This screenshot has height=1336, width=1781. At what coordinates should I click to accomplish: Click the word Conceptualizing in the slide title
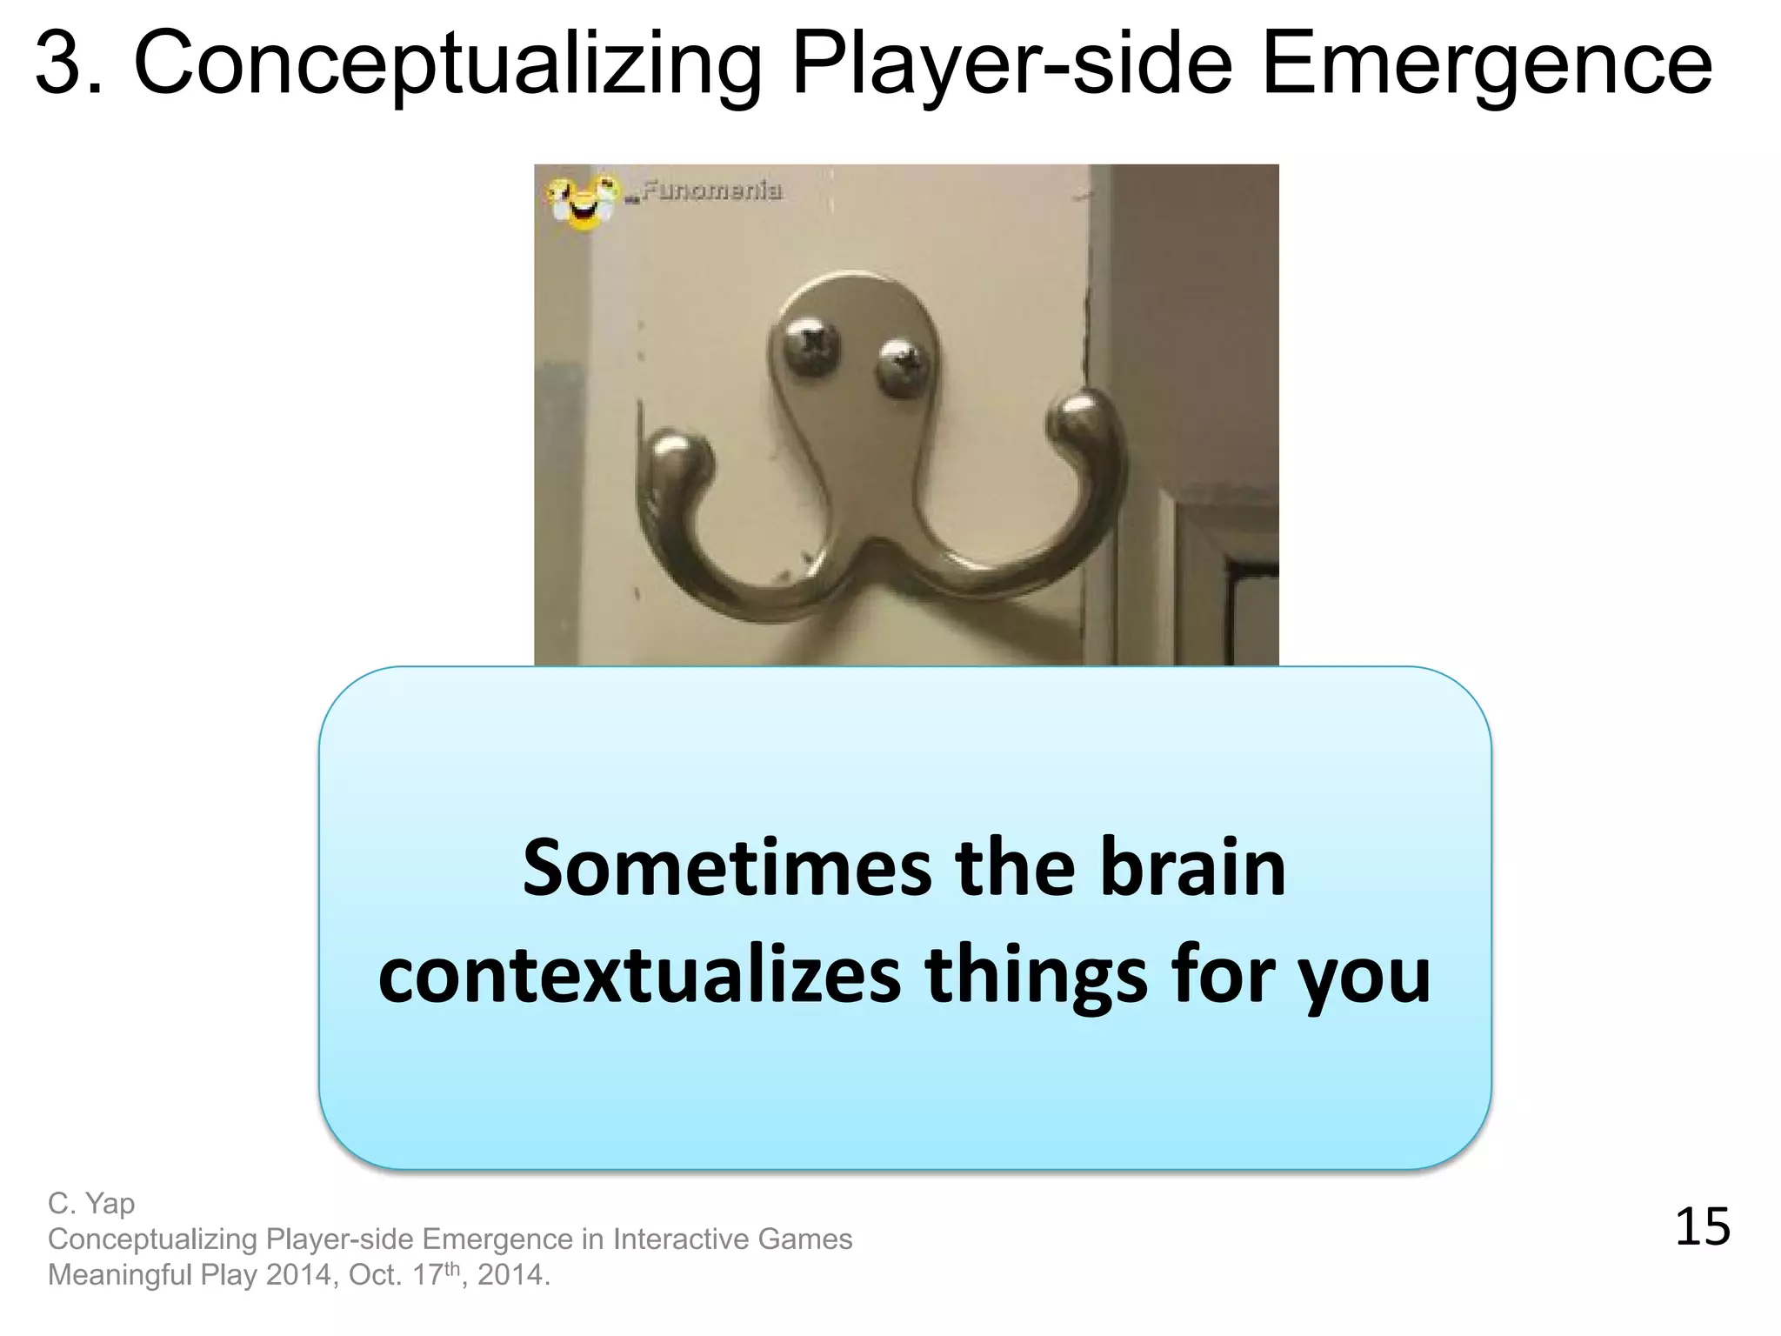point(448,64)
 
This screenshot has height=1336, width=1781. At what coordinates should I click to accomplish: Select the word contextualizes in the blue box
point(639,976)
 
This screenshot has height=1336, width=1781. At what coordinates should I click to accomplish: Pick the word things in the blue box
point(1036,976)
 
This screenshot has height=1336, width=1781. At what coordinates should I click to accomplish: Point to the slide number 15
point(1702,1227)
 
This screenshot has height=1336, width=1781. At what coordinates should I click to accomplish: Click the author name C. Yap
point(91,1204)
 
